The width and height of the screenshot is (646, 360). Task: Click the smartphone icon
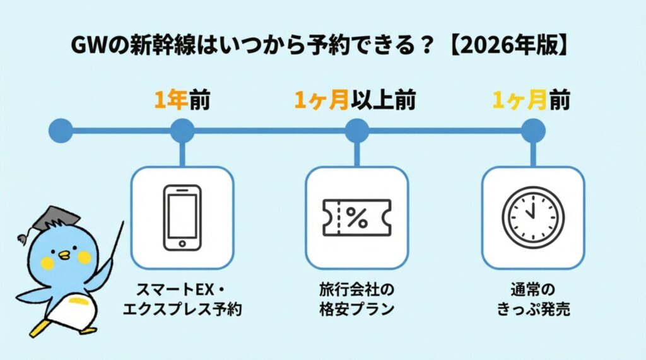click(x=182, y=216)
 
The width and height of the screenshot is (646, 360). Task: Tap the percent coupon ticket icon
click(x=356, y=217)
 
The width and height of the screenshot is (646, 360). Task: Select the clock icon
click(x=532, y=216)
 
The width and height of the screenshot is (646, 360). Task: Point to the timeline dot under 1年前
click(x=182, y=131)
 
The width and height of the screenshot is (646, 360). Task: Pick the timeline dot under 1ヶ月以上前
click(x=356, y=131)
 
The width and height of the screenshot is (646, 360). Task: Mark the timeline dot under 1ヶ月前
click(x=532, y=131)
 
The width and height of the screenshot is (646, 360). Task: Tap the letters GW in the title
click(x=85, y=47)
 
